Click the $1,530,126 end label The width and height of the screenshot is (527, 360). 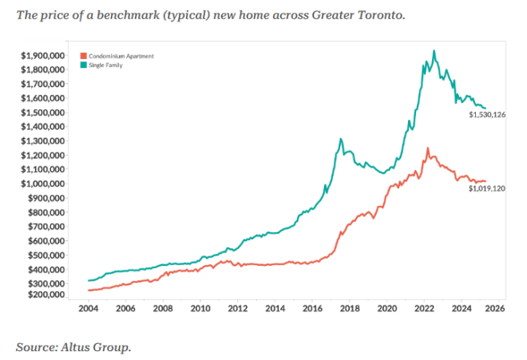pos(487,115)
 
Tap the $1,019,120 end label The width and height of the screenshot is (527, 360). pos(487,188)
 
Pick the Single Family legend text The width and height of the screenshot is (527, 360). pos(106,63)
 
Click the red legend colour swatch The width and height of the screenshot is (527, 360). pos(83,55)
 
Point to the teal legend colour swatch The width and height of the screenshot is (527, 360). pos(83,63)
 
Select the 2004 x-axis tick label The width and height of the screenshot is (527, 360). pos(88,308)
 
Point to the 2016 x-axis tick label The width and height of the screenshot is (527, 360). pos(312,308)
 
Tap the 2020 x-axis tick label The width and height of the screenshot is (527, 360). pos(387,308)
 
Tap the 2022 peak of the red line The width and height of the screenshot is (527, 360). pos(428,148)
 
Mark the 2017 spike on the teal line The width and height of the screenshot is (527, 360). pos(341,139)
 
